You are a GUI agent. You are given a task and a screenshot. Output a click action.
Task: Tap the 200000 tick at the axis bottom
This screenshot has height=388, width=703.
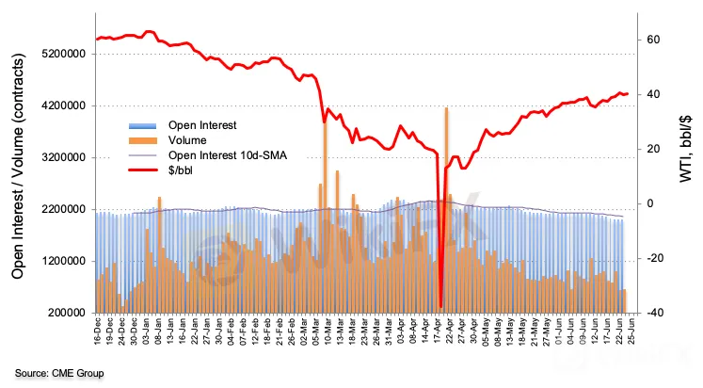[x=68, y=313]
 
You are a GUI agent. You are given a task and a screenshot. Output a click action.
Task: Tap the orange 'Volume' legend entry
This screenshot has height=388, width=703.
[x=189, y=140]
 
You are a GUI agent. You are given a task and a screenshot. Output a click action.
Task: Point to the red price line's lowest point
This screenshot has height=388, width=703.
[x=440, y=306]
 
